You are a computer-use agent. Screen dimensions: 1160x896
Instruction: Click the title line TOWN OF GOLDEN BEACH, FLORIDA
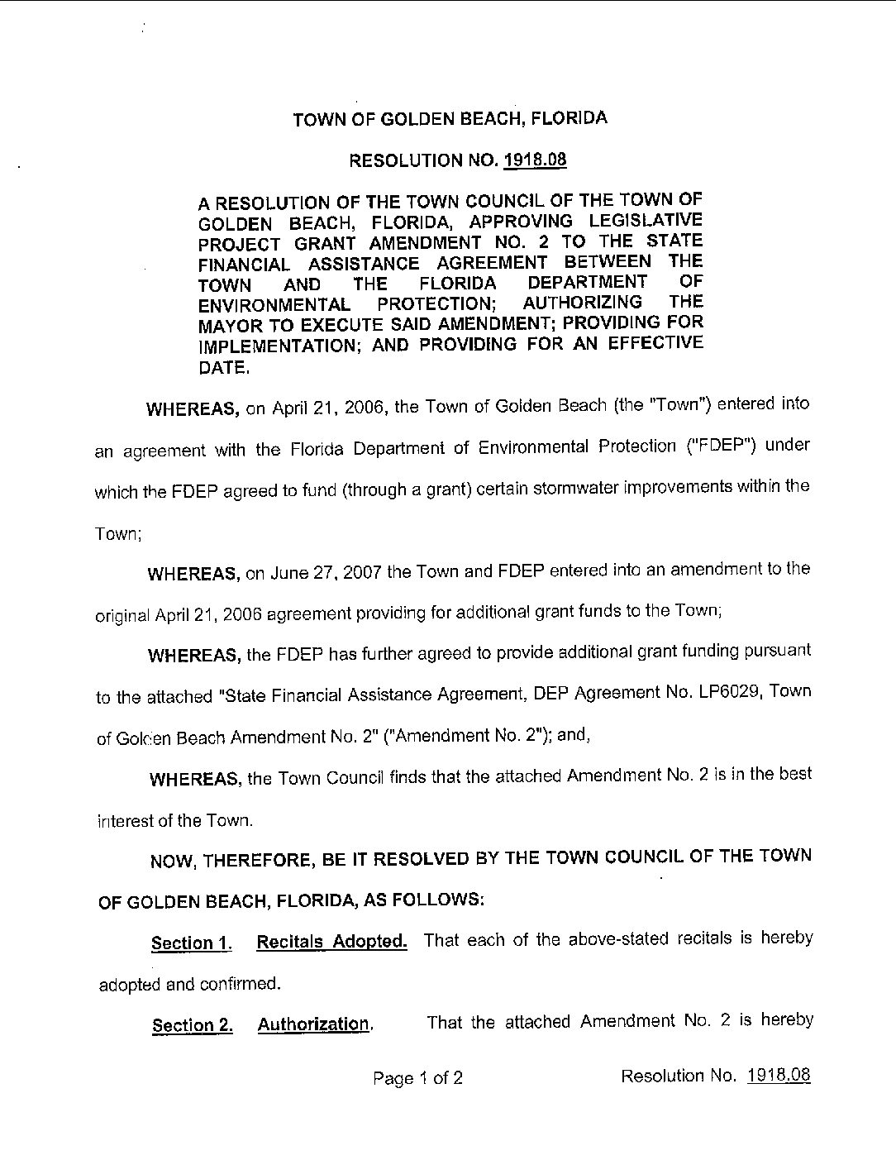(x=450, y=118)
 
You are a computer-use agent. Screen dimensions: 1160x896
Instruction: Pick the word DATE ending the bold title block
(x=223, y=367)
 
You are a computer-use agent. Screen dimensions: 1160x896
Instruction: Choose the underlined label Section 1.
(x=191, y=943)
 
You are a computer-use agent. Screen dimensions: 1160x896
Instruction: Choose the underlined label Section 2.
(x=192, y=1026)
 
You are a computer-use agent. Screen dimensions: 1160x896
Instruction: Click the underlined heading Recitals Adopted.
(x=331, y=942)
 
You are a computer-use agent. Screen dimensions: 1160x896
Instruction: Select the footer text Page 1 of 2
(x=417, y=1077)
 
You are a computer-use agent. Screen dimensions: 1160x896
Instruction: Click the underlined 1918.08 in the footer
(x=779, y=1075)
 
